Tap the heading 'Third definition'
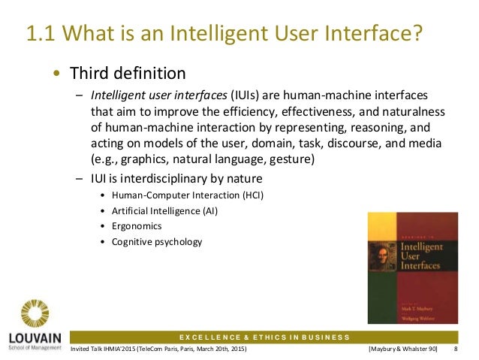pos(128,74)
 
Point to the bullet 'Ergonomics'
pos(137,225)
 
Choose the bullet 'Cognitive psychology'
pos(157,241)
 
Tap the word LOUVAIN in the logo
pos(35,335)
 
